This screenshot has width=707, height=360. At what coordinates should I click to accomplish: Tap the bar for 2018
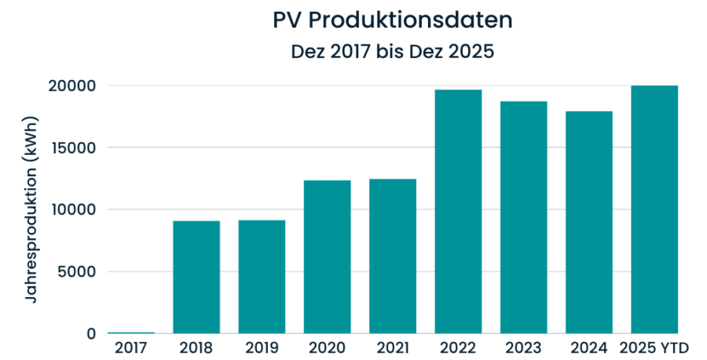(x=196, y=277)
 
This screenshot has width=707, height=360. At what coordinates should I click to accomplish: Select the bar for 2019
(x=262, y=277)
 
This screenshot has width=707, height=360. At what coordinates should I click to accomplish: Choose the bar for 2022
(x=458, y=211)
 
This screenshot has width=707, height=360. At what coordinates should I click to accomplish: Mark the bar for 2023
(x=523, y=218)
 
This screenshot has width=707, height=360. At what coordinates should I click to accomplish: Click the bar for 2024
(x=589, y=222)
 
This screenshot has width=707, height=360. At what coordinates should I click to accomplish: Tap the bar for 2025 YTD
(x=654, y=210)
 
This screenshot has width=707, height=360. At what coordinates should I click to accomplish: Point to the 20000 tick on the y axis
(x=79, y=86)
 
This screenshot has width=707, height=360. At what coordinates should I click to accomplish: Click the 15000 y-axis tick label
(x=79, y=148)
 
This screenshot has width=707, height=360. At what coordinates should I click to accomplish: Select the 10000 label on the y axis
(x=79, y=210)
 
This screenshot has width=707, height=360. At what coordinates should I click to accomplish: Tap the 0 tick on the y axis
(x=91, y=334)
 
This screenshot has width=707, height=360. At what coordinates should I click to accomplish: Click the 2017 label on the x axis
(x=130, y=347)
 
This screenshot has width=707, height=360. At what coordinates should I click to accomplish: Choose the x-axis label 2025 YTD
(x=654, y=347)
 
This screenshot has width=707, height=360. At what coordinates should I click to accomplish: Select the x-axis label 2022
(x=458, y=347)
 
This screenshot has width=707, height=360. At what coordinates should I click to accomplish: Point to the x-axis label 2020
(x=328, y=347)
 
